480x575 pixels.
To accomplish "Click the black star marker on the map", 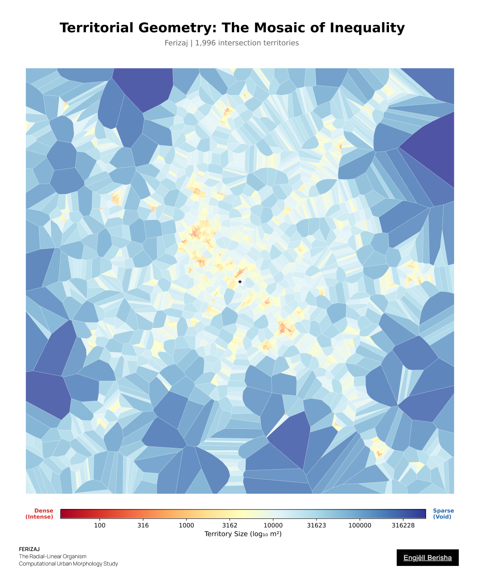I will (x=240, y=282).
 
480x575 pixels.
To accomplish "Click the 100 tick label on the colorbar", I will (x=100, y=525).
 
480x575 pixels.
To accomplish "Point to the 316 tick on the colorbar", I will (x=143, y=525).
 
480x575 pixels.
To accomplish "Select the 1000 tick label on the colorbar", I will (x=186, y=525).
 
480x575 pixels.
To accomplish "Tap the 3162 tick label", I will (x=230, y=525).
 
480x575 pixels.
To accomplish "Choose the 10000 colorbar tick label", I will (x=273, y=525).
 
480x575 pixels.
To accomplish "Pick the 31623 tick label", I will (x=316, y=525).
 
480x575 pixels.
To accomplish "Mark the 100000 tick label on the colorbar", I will (x=360, y=525).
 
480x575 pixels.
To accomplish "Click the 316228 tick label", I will (x=403, y=525).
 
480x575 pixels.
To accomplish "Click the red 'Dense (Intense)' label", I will (x=39, y=514).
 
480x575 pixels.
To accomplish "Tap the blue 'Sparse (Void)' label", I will (x=443, y=514).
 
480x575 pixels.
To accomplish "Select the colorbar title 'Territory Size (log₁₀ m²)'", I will (x=243, y=534).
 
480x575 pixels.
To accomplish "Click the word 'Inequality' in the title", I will (x=367, y=28).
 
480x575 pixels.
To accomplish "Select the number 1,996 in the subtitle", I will (x=204, y=43).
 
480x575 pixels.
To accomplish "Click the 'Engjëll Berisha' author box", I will (x=427, y=558).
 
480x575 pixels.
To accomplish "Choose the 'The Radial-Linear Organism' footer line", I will (x=53, y=556).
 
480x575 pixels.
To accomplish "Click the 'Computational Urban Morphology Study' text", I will (x=68, y=564).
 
